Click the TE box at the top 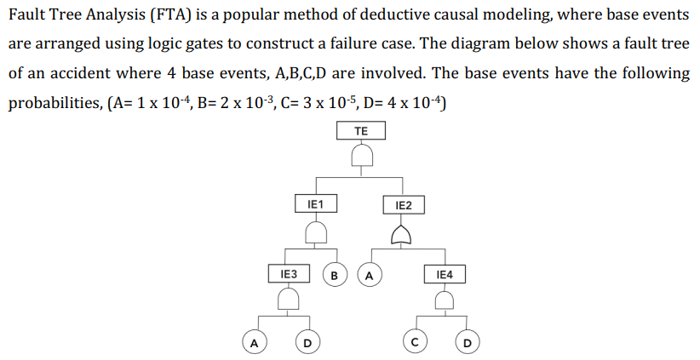coord(361,131)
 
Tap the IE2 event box coord(404,205)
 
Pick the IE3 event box coord(289,274)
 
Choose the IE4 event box coord(445,275)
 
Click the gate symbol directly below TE coord(362,155)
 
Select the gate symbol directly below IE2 coord(404,231)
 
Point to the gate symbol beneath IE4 coord(445,299)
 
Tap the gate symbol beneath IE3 coord(289,298)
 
